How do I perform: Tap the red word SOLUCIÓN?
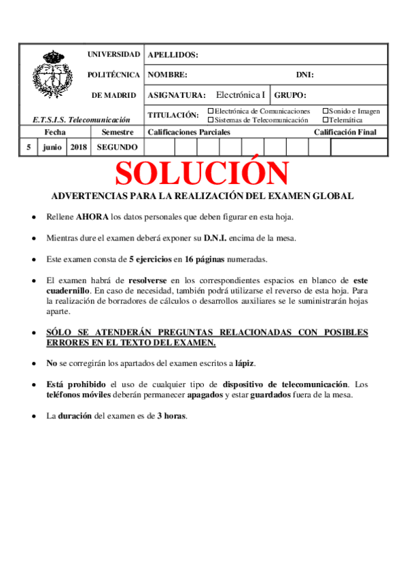tap(202, 173)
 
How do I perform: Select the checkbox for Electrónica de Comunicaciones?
tap(211, 111)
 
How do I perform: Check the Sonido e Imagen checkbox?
tap(325, 111)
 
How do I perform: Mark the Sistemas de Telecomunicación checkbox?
tap(211, 120)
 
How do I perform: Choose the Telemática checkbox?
tap(325, 120)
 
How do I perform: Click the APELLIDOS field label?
tap(173, 55)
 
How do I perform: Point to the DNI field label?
tap(304, 75)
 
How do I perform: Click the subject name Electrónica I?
tap(241, 95)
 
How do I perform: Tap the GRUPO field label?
tap(291, 96)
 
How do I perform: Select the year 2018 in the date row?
tap(78, 147)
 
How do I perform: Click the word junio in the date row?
tap(51, 147)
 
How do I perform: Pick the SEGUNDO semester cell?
tap(117, 147)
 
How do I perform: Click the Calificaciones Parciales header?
tap(189, 132)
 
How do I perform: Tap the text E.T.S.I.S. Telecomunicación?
tap(81, 120)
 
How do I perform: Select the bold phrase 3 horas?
tap(171, 416)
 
